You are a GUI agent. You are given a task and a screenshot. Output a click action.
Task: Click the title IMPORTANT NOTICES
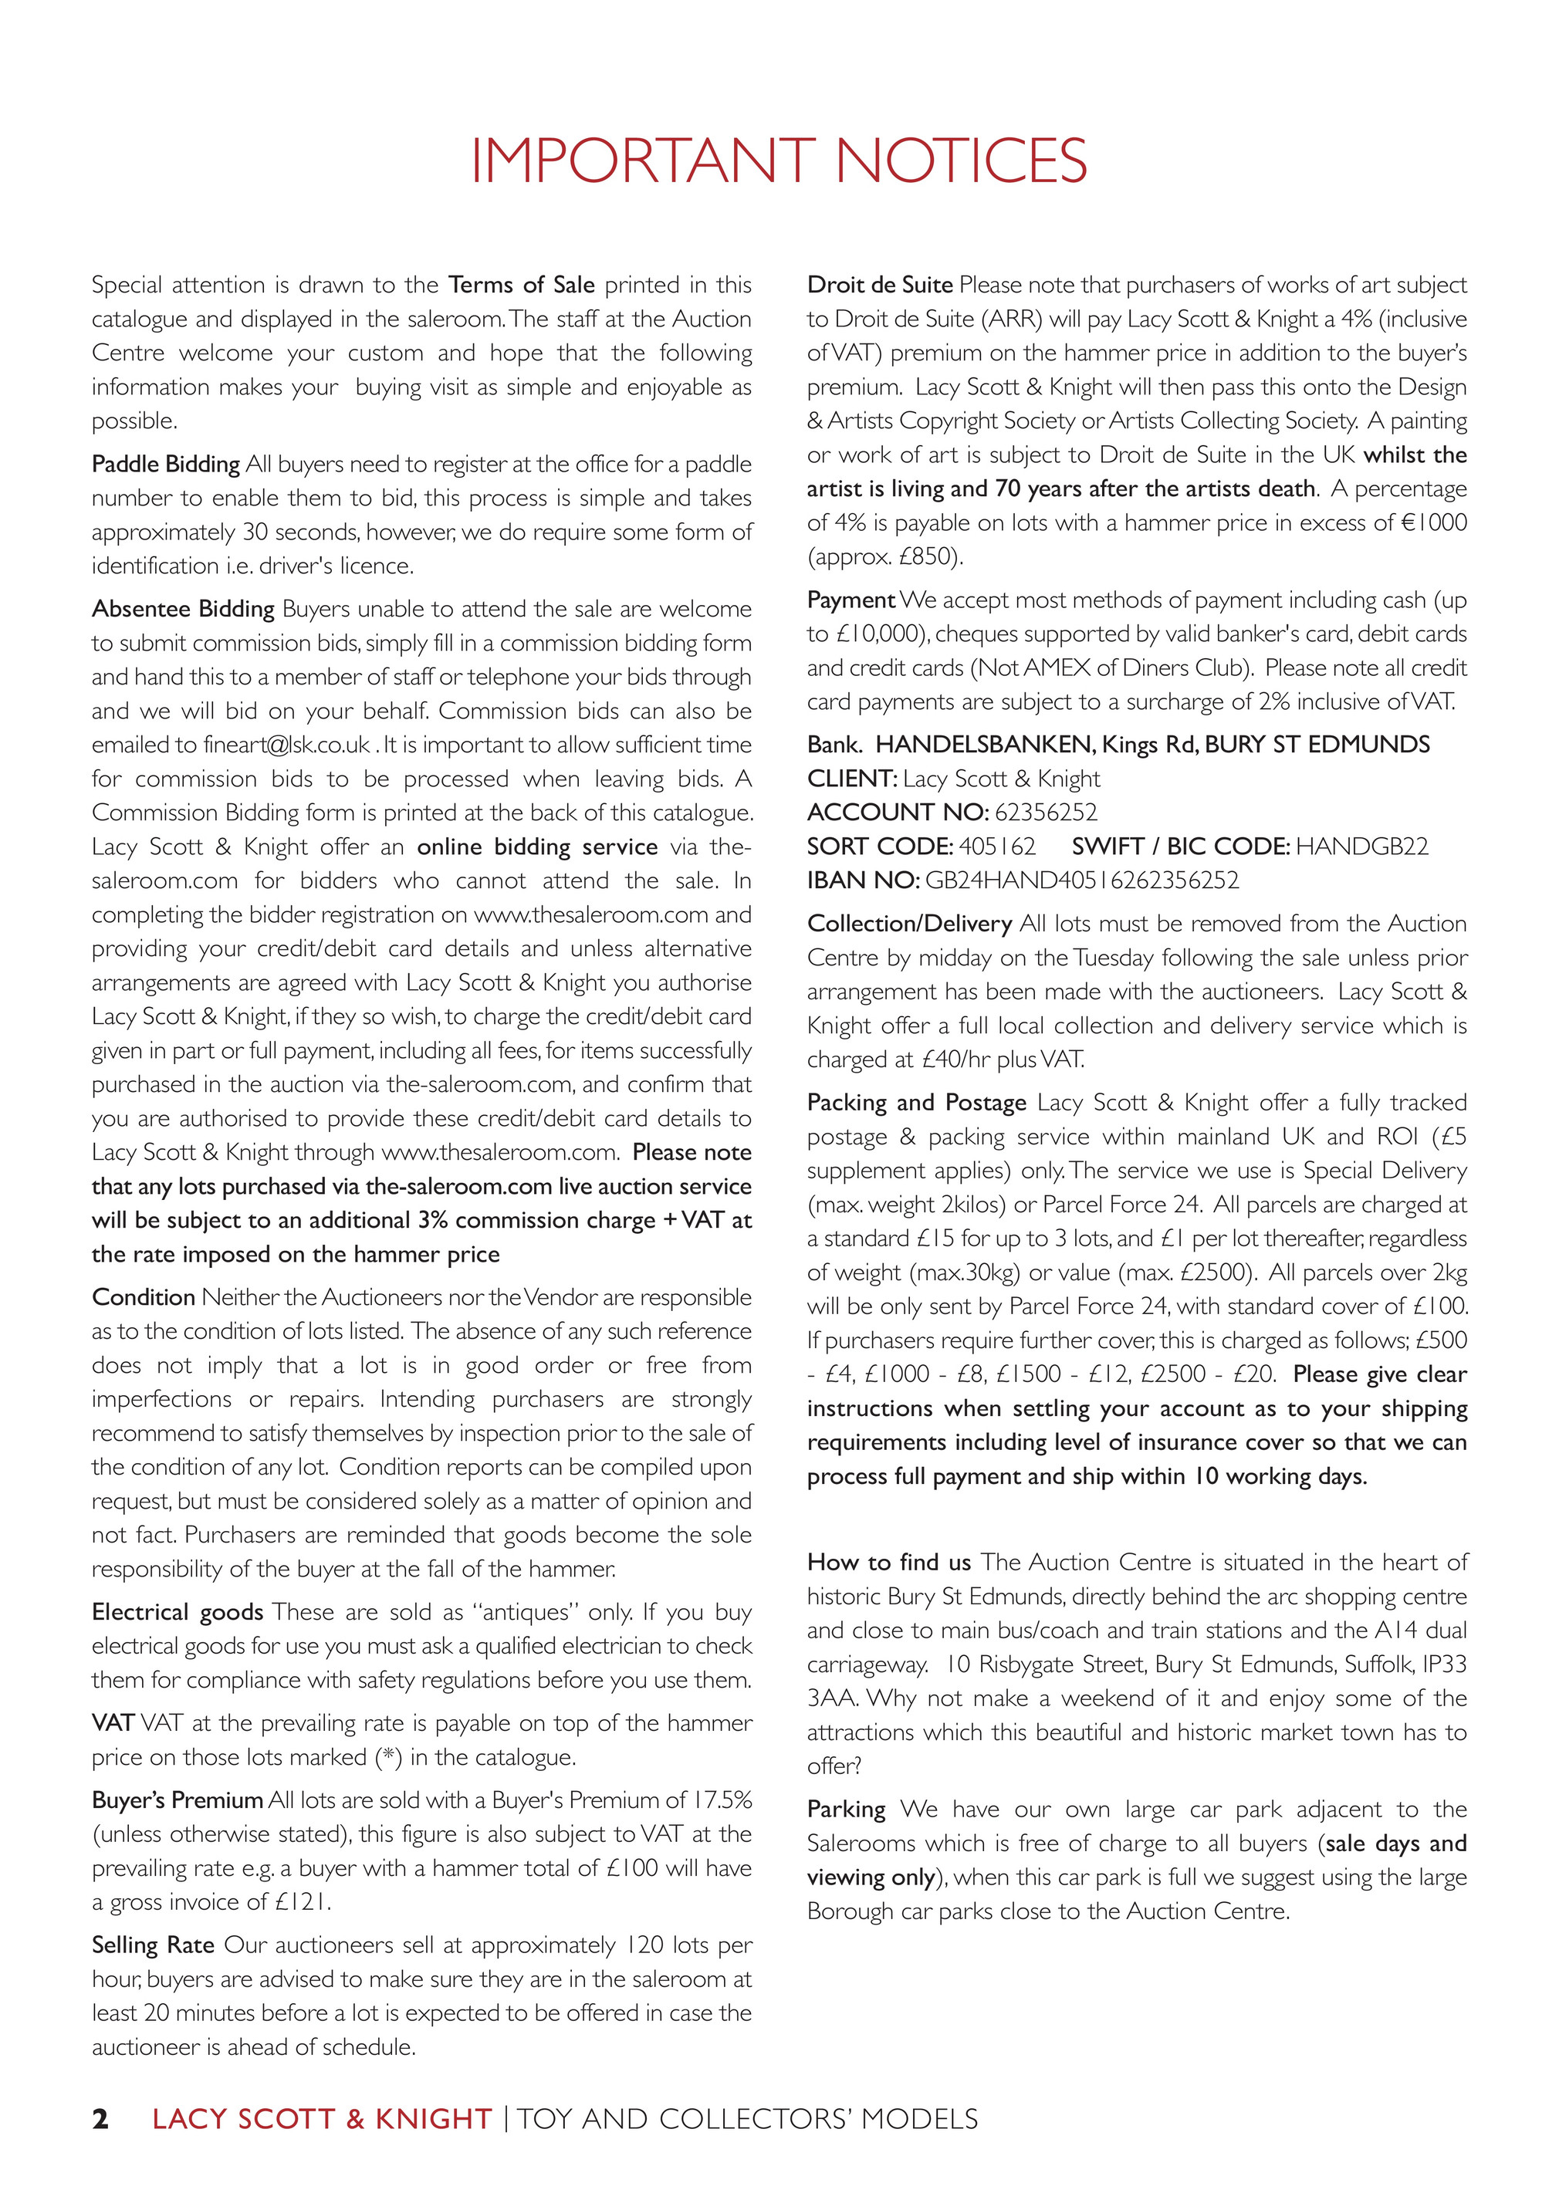[779, 161]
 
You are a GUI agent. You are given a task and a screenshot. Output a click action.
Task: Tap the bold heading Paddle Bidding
[165, 465]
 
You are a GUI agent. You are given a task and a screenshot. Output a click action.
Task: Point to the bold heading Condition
[143, 1298]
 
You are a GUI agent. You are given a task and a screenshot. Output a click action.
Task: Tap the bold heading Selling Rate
[153, 1945]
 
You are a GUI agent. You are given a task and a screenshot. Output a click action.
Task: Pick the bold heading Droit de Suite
[879, 285]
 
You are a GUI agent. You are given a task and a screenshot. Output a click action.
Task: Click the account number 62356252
[1046, 813]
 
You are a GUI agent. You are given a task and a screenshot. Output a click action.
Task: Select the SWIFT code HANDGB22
[1361, 847]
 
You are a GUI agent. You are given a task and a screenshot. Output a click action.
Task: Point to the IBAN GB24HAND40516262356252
[1082, 880]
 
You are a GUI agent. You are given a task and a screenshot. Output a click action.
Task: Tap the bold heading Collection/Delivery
[909, 924]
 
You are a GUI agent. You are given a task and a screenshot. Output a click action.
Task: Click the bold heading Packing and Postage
[917, 1103]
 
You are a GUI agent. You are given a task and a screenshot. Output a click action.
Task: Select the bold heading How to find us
[889, 1562]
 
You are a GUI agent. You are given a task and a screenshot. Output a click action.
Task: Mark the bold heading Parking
[846, 1810]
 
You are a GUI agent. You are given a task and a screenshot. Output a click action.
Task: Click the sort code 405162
[997, 847]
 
